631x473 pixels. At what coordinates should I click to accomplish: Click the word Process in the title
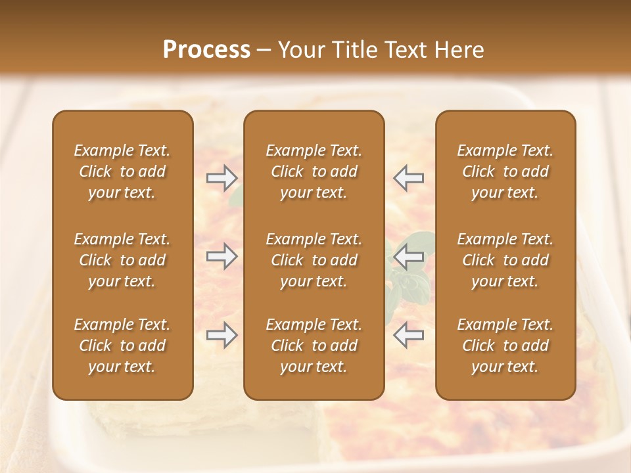(206, 50)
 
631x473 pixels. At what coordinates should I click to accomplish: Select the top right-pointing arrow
(222, 177)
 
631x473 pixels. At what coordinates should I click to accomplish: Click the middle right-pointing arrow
(222, 256)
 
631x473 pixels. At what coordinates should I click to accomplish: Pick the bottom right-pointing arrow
(222, 335)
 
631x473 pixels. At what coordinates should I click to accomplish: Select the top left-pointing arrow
(408, 177)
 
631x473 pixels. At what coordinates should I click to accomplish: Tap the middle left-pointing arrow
(408, 256)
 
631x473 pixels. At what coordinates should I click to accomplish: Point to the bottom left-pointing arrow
(408, 335)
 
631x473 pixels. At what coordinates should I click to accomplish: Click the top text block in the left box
(122, 171)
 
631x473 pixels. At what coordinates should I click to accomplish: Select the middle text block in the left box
(122, 260)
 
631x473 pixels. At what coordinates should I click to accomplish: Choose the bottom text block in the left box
(122, 346)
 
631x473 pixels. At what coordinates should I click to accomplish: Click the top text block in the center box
(314, 171)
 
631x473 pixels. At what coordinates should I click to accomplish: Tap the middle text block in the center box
(314, 260)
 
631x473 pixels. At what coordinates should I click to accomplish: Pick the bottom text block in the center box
(314, 346)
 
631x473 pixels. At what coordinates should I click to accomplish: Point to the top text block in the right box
(505, 171)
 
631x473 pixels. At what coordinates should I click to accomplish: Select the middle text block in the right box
(505, 260)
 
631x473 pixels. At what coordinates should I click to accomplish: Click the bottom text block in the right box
(505, 346)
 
